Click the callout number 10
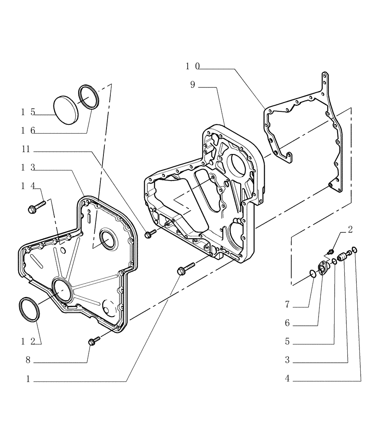pyautogui.click(x=192, y=66)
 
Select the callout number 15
pyautogui.click(x=27, y=112)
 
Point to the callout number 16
pyautogui.click(x=27, y=130)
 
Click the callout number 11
pyautogui.click(x=27, y=150)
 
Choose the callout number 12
pyautogui.click(x=27, y=341)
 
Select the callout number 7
pyautogui.click(x=287, y=305)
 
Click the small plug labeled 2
pyautogui.click(x=331, y=251)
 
